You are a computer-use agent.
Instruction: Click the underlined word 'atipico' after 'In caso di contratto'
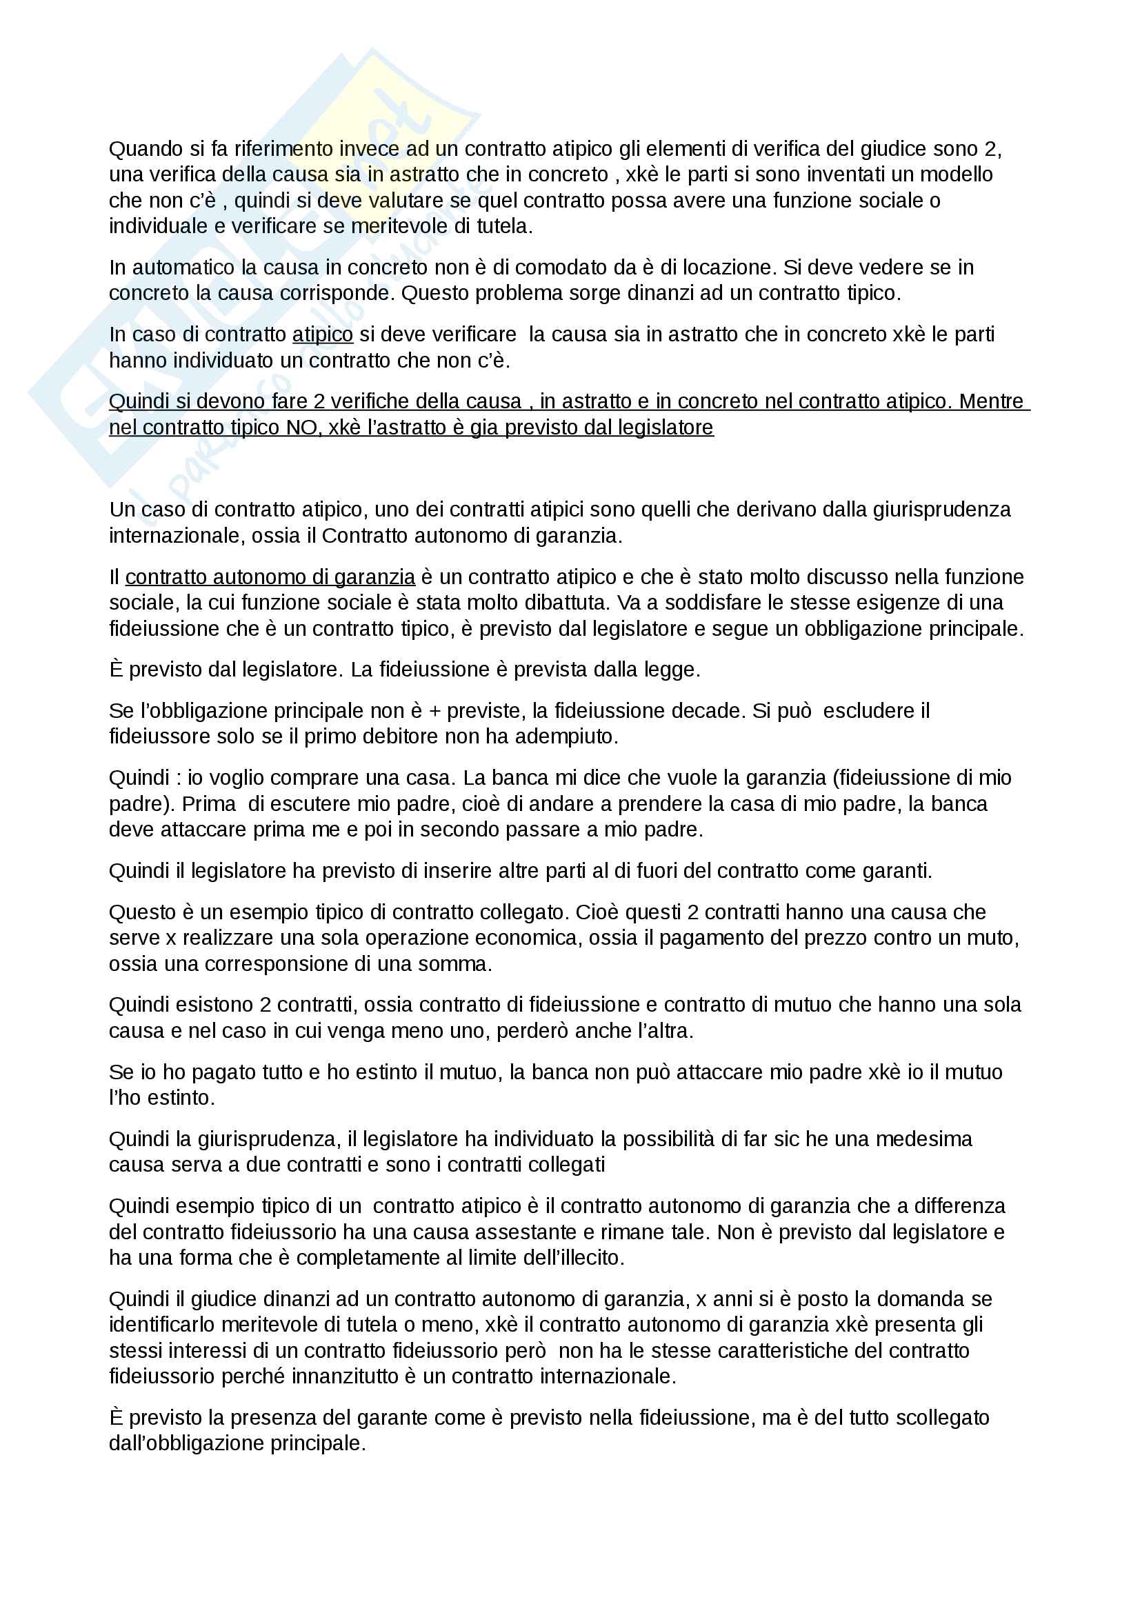pyautogui.click(x=322, y=334)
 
